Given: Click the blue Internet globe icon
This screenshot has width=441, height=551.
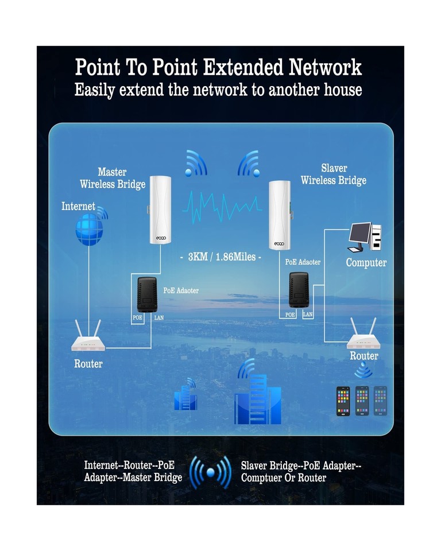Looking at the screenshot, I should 90,230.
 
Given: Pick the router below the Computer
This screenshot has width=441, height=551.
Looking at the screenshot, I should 364,339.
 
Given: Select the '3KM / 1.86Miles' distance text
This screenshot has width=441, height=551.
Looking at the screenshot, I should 220,257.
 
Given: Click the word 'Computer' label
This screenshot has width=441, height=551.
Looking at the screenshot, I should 366,263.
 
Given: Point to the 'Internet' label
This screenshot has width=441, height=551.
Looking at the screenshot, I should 78,207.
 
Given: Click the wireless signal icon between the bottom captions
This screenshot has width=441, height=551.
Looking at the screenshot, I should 210,472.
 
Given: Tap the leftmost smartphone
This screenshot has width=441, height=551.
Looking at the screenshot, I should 343,401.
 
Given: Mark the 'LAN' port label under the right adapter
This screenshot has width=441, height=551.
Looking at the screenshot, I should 308,315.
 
